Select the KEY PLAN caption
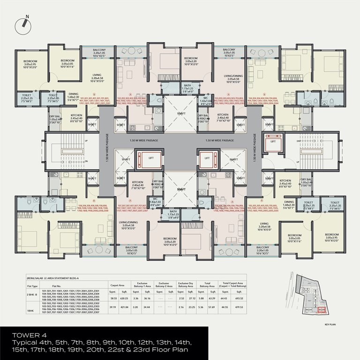click(331, 324)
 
